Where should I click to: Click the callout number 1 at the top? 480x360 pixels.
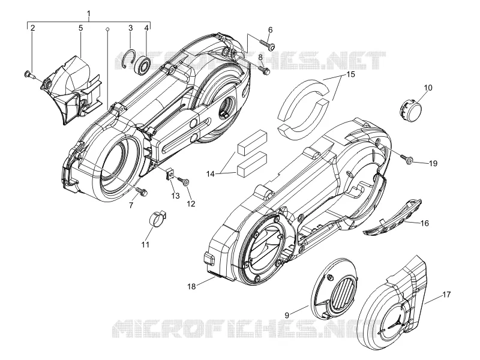89,13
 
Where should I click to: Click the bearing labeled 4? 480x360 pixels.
143,64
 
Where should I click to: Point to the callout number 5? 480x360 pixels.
81,28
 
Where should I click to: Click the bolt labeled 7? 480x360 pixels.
142,191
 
